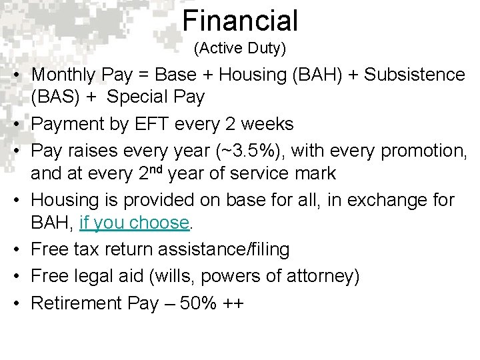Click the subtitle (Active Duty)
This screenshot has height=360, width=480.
pos(240,49)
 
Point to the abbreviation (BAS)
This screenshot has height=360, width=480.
pos(53,97)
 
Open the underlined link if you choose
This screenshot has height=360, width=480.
pos(134,223)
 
